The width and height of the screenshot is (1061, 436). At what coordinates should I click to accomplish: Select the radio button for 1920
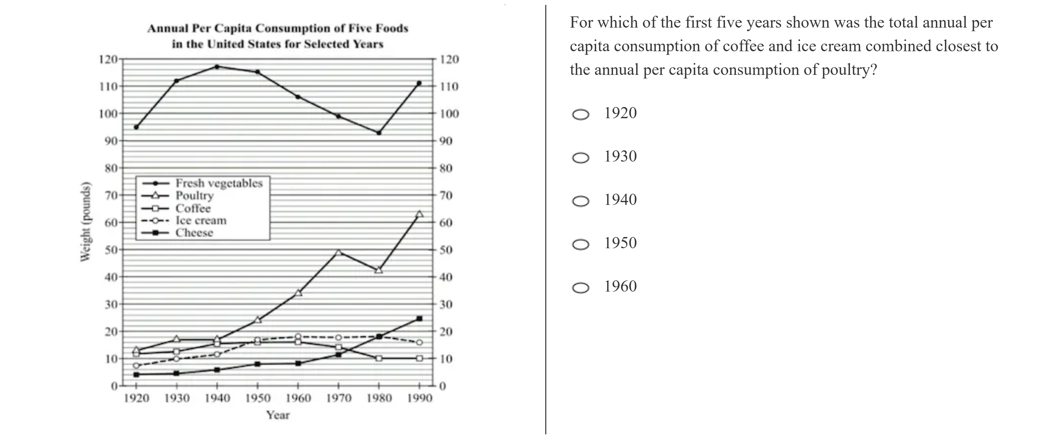581,115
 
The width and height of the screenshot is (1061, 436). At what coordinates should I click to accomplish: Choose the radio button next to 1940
581,201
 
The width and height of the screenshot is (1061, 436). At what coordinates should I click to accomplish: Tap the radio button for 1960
581,288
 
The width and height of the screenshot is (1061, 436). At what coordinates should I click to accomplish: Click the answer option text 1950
620,243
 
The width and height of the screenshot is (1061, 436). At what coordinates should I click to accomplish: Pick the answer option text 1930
620,157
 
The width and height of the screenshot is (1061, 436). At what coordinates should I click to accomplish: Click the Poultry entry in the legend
194,196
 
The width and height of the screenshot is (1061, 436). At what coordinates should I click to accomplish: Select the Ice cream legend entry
201,221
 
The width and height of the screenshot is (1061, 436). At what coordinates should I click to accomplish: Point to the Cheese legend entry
194,233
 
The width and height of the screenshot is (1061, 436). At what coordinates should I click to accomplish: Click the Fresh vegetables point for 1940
217,66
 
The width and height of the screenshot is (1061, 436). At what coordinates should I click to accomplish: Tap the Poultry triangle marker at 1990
419,214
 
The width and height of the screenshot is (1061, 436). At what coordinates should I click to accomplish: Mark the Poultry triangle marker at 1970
338,252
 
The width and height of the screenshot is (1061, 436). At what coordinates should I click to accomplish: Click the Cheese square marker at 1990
419,318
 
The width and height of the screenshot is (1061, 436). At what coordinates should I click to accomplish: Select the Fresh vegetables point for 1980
379,133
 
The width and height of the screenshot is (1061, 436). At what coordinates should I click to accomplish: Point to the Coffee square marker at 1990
419,358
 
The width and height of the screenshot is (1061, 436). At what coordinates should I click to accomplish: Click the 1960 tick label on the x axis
298,399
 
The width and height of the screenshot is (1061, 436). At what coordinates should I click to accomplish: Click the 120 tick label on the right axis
449,59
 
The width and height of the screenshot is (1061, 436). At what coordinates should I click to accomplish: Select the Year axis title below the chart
278,415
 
